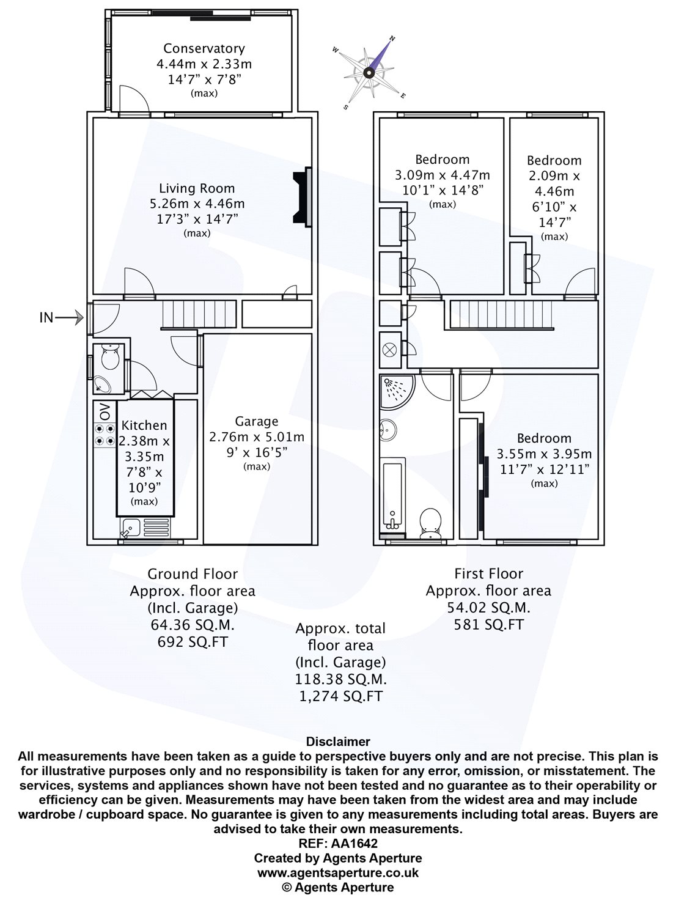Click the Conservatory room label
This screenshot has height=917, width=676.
coord(204,48)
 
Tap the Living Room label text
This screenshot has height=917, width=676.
coord(197,188)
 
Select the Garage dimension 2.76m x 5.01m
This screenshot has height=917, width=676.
coord(257,437)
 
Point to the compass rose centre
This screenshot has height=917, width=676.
coord(369,73)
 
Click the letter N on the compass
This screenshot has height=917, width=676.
coord(392,39)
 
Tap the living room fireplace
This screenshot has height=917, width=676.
coord(303,196)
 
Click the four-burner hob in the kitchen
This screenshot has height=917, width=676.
coord(105,435)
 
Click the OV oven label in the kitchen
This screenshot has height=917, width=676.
coord(105,412)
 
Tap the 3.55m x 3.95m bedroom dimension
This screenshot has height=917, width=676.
coord(544,454)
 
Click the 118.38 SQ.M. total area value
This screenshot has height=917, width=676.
coord(341,680)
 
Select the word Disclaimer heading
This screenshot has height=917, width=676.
coord(338,742)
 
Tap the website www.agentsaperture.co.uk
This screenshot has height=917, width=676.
coord(338,872)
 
